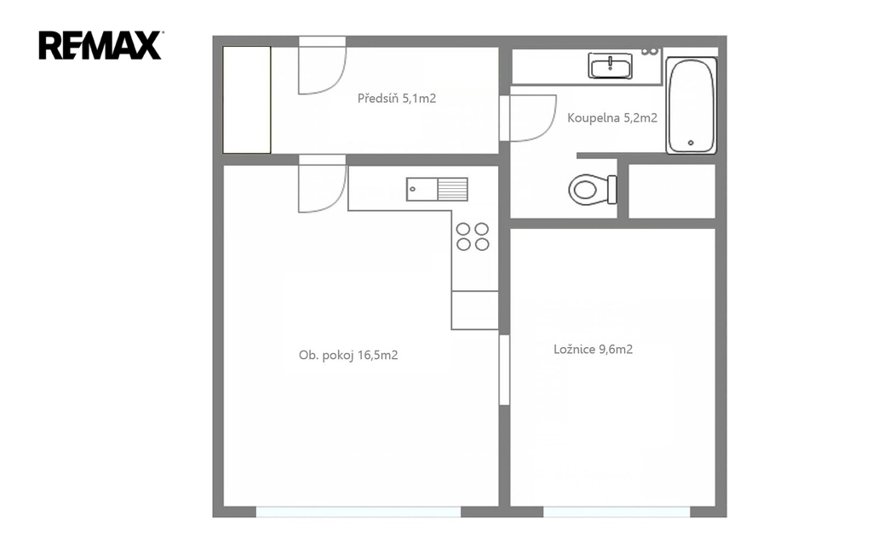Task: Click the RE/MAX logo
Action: [100, 45]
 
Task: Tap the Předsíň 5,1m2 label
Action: [397, 99]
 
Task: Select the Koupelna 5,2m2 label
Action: [612, 117]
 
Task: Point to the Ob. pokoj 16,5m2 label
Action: [348, 356]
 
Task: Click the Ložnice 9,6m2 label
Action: [593, 350]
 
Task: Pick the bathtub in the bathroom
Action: [691, 105]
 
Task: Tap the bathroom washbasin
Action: [610, 66]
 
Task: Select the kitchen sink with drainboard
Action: [437, 189]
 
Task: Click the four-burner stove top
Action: [473, 237]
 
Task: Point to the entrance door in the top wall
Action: [323, 66]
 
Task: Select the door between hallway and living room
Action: [323, 184]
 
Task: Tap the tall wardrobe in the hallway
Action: [247, 100]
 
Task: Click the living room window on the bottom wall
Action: [359, 511]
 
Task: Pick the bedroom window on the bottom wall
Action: [617, 511]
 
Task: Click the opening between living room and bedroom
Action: [504, 369]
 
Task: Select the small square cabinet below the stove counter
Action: [474, 310]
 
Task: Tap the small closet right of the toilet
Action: [672, 191]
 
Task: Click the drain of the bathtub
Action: [691, 143]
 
